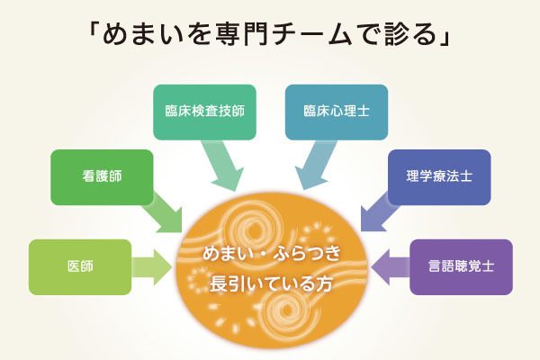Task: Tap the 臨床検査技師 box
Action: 204,112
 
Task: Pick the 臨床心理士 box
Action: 336,112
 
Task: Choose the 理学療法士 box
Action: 438,175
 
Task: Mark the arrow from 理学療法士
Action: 375,214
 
